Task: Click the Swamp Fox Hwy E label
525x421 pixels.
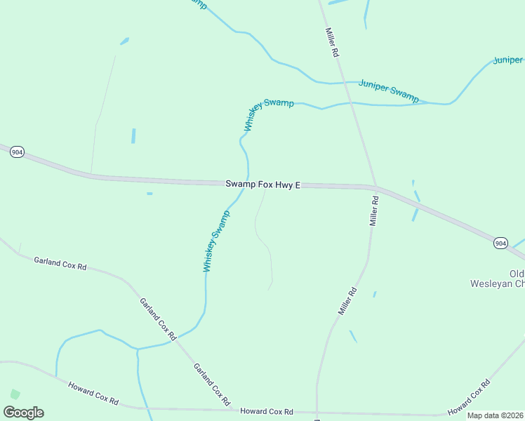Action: click(x=262, y=185)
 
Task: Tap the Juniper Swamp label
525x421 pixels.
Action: click(x=388, y=91)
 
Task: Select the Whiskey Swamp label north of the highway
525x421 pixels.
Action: click(x=268, y=114)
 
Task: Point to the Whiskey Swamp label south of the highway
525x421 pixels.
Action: click(x=216, y=241)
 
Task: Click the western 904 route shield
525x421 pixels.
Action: click(x=17, y=152)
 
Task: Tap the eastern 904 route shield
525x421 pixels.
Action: click(x=500, y=243)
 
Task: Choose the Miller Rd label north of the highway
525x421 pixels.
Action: click(x=332, y=42)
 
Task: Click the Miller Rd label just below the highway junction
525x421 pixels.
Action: click(x=374, y=210)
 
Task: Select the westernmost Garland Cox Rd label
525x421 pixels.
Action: click(x=60, y=263)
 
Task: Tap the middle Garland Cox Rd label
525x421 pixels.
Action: click(x=157, y=319)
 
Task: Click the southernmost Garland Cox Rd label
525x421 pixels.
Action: click(x=212, y=385)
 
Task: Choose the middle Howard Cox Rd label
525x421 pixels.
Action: click(x=266, y=412)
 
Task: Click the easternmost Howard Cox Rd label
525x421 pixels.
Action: click(x=468, y=397)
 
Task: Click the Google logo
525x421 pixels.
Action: click(x=23, y=413)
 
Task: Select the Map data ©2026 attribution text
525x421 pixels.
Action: click(x=495, y=415)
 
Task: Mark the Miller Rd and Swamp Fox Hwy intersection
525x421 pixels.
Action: click(x=376, y=187)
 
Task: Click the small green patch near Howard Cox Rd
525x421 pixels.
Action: click(x=15, y=394)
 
